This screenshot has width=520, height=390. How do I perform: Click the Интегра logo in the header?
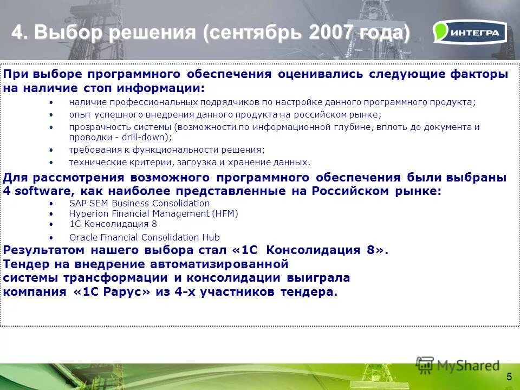pyautogui.click(x=470, y=32)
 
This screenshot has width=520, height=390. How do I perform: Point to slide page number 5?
pyautogui.click(x=509, y=377)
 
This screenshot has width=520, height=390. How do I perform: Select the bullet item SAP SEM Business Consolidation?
pyautogui.click(x=139, y=203)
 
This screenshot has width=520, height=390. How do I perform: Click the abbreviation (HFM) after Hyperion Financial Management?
pyautogui.click(x=225, y=213)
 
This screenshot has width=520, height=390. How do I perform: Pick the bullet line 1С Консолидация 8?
pyautogui.click(x=113, y=224)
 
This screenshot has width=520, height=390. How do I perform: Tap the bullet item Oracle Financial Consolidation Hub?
pyautogui.click(x=144, y=237)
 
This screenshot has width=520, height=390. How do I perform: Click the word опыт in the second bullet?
pyautogui.click(x=77, y=114)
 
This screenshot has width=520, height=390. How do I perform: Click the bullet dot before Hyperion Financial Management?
pyautogui.click(x=51, y=213)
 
